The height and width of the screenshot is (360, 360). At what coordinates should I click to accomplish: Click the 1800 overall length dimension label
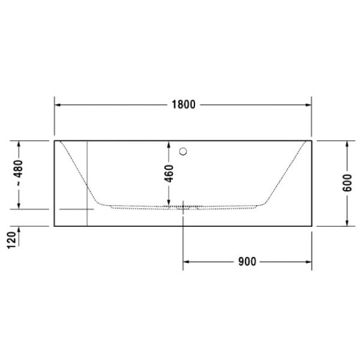click(182, 104)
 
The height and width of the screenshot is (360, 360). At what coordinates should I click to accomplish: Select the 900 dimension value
click(247, 262)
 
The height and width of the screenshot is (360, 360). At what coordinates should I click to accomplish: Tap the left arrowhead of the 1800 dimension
click(58, 104)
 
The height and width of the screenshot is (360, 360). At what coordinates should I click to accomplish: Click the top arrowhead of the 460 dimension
click(169, 144)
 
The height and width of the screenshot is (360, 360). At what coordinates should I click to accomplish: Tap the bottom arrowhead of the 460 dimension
click(169, 202)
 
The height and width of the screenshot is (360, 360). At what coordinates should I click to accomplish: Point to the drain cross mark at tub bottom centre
click(183, 208)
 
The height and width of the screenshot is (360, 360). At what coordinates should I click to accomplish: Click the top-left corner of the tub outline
click(55, 140)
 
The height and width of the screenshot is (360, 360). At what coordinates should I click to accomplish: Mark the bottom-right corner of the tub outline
click(311, 226)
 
